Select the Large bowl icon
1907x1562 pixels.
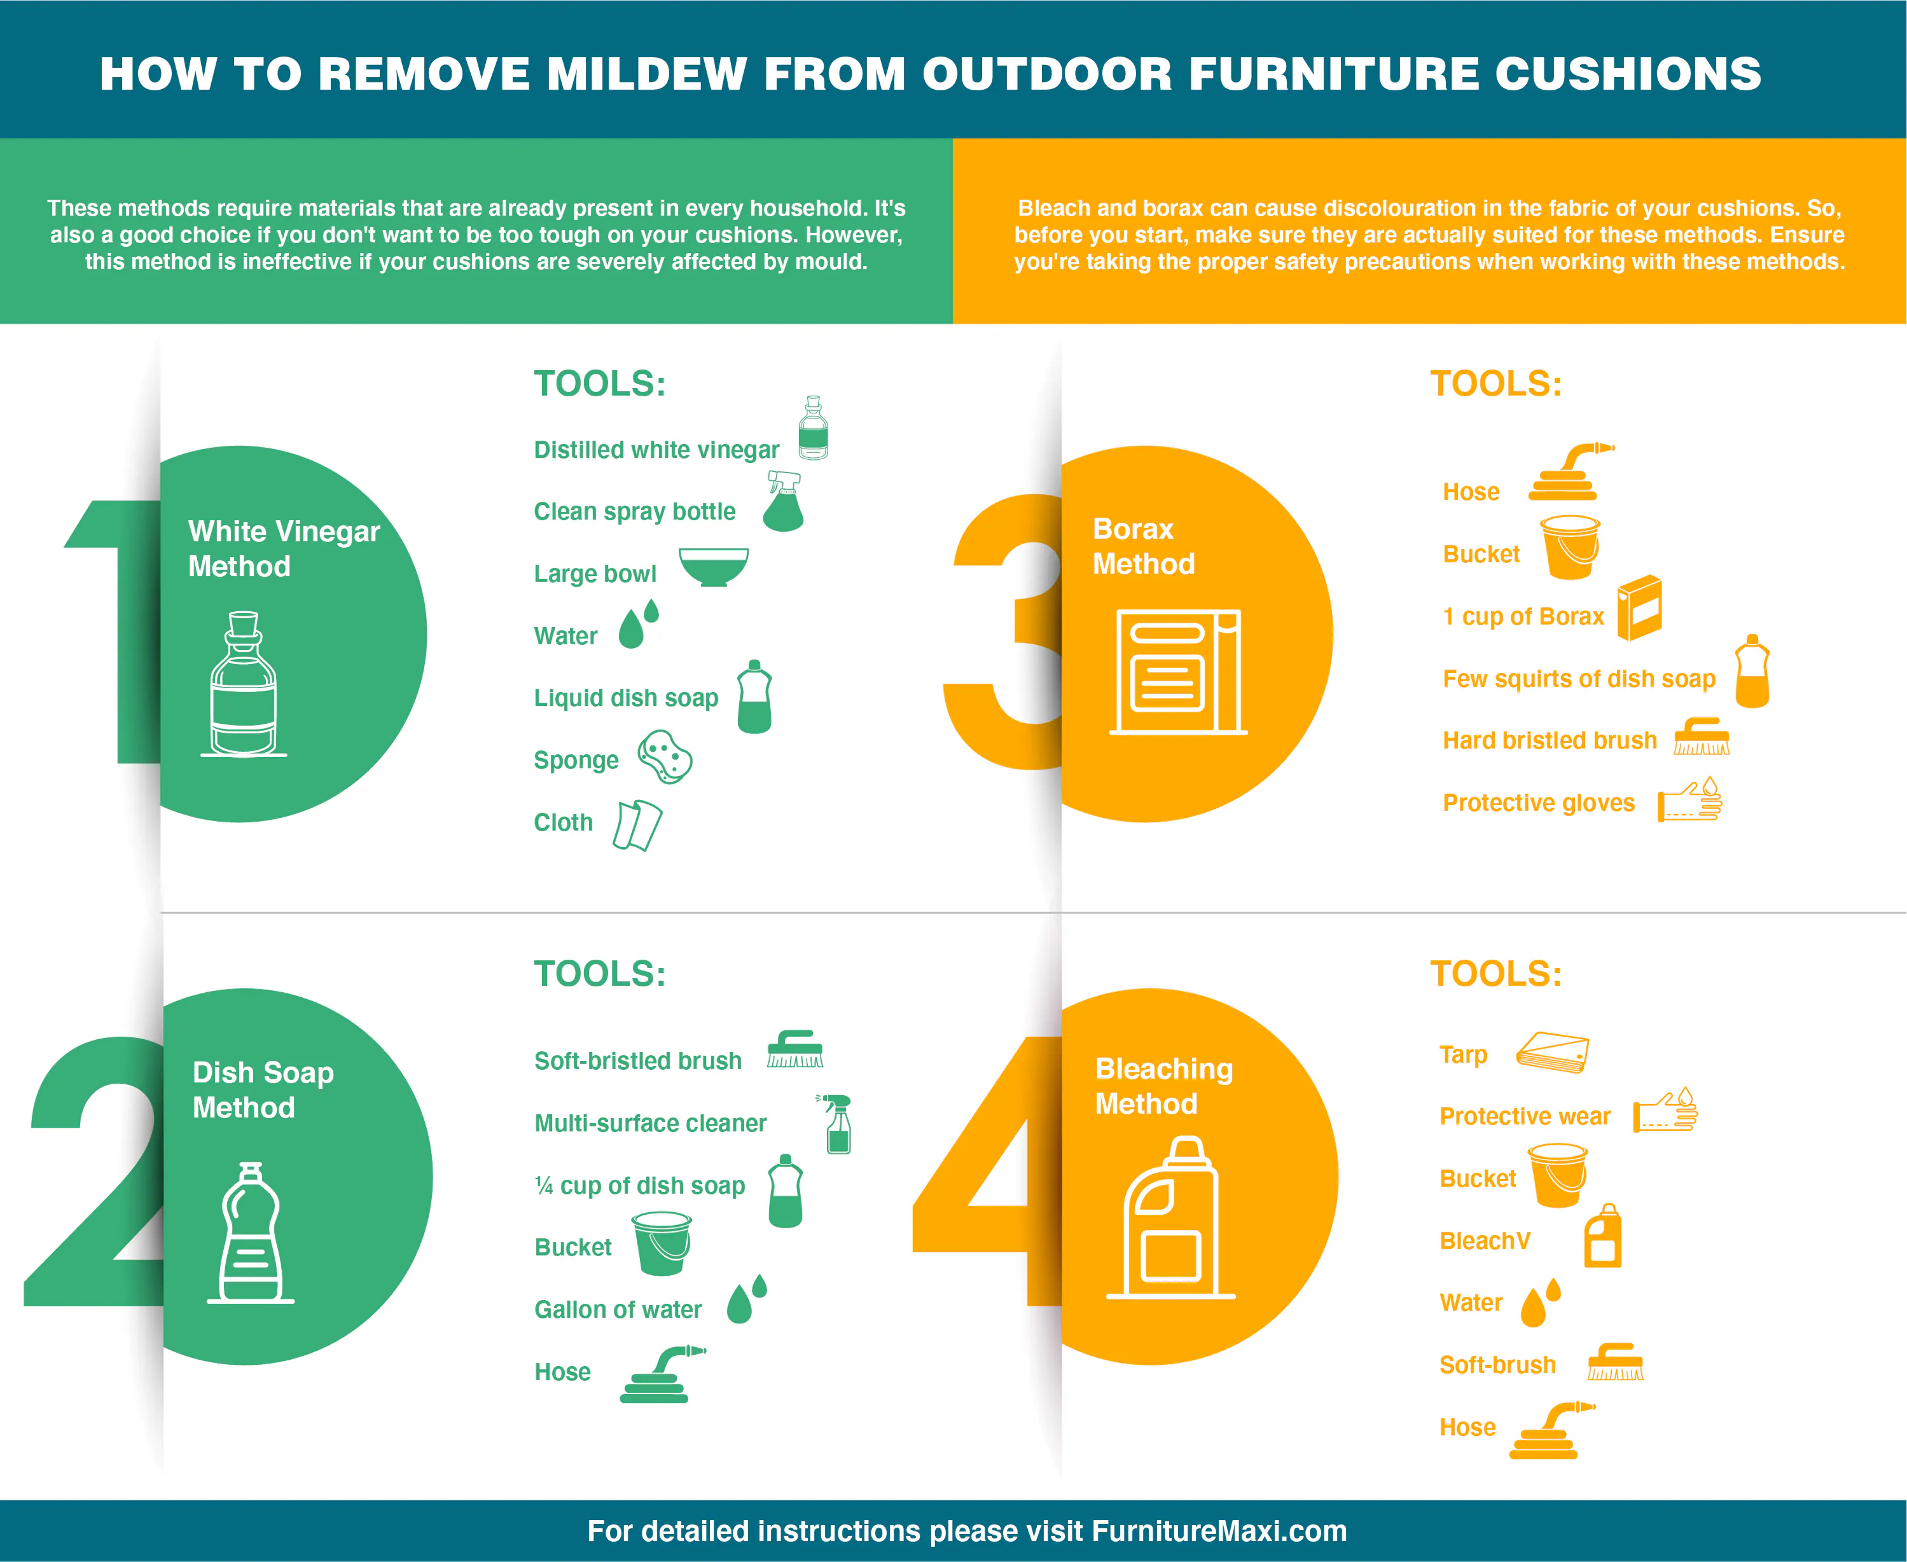(x=714, y=567)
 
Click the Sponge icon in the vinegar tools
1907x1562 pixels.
(x=665, y=757)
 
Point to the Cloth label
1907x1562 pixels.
(x=564, y=822)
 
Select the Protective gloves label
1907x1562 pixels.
(x=1539, y=803)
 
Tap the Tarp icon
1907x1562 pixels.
(x=1553, y=1052)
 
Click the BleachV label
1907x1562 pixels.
(x=1485, y=1241)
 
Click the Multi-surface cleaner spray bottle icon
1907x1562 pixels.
(x=836, y=1124)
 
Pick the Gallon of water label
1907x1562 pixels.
(x=618, y=1309)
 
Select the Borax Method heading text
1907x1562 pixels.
(x=1143, y=546)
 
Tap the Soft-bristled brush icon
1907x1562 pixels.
(x=794, y=1049)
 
